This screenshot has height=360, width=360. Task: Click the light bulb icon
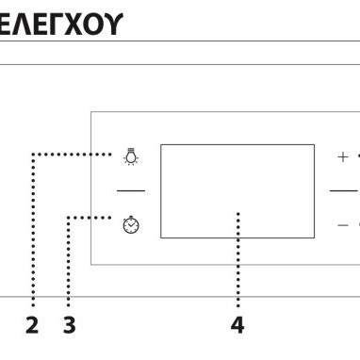tap(131, 156)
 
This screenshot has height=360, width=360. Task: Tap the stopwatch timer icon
tap(132, 225)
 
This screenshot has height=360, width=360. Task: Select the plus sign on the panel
tap(343, 156)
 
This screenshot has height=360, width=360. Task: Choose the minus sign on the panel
tap(343, 225)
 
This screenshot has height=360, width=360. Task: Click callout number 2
tap(32, 326)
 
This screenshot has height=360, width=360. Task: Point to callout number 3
tap(69, 326)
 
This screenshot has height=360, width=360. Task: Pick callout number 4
tap(237, 326)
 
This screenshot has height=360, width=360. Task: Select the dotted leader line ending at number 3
tap(69, 264)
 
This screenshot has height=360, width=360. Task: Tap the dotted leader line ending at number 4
tap(237, 264)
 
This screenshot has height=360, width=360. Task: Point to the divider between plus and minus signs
tap(344, 190)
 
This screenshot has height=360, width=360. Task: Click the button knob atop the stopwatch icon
tap(132, 217)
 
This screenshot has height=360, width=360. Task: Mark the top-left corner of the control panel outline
tap(91, 113)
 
